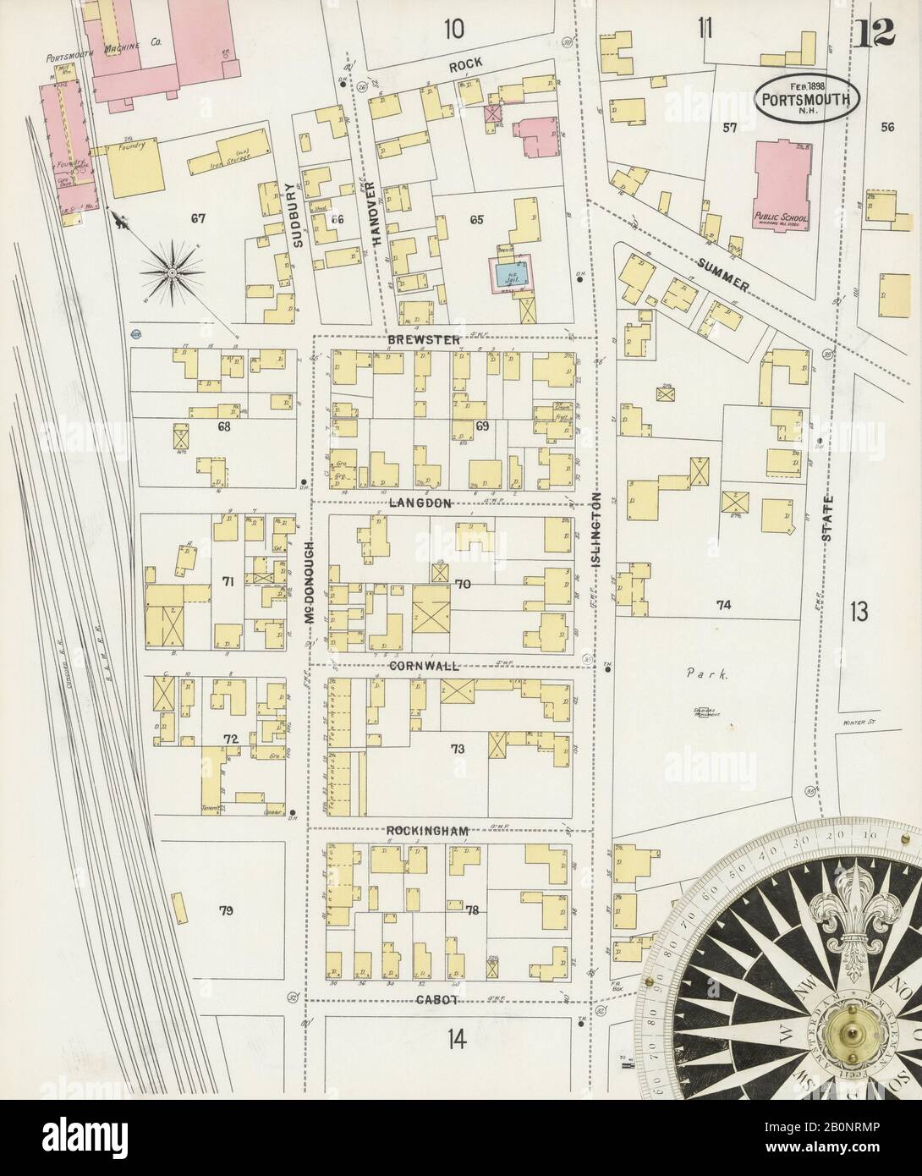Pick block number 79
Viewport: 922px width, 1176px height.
point(225,911)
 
